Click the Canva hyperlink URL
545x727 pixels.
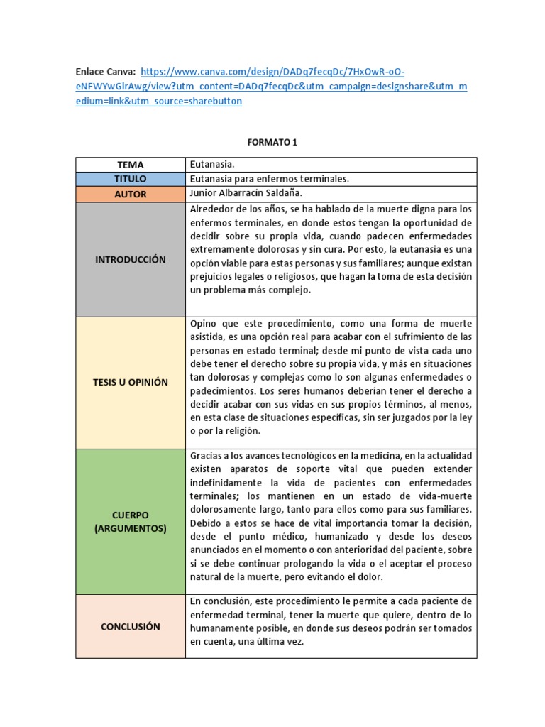(x=272, y=87)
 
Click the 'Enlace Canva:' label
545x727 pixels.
(x=105, y=72)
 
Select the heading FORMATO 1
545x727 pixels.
(x=272, y=143)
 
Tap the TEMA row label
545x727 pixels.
(x=131, y=165)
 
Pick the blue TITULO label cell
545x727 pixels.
(x=131, y=179)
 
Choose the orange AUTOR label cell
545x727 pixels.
(x=131, y=194)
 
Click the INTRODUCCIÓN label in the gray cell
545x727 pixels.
(x=131, y=259)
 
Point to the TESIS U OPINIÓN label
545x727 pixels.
(x=131, y=382)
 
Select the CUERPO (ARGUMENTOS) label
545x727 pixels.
(x=131, y=521)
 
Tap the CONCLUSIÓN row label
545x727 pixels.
(x=131, y=627)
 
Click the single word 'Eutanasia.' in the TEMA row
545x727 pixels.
(x=212, y=165)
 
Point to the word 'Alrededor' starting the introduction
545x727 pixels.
(x=211, y=209)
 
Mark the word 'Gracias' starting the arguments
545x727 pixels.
(x=207, y=455)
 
